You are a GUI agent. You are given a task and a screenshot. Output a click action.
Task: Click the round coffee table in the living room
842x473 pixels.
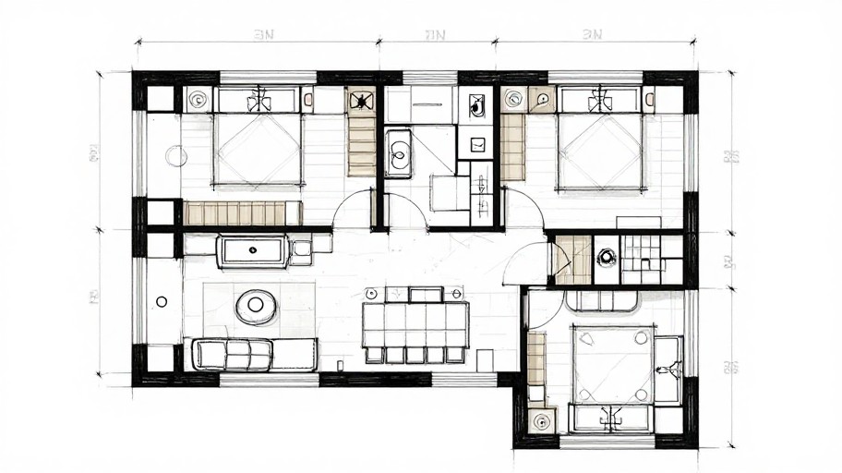point(256,306)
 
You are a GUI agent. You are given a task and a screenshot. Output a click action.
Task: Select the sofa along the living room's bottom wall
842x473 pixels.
point(233,354)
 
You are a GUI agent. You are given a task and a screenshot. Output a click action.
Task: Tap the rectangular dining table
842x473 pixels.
point(415,324)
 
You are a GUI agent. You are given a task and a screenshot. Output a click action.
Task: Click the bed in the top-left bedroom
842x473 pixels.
point(258,148)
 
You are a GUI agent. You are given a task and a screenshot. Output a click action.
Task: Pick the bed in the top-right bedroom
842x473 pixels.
point(600,148)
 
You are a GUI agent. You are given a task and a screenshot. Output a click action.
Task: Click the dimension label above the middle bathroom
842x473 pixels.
point(435,35)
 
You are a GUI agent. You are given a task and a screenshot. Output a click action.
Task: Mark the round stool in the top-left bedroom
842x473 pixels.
point(176,156)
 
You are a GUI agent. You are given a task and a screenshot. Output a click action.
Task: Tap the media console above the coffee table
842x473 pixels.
point(252,250)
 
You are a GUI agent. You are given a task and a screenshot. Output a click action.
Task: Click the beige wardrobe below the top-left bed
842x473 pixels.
point(235,213)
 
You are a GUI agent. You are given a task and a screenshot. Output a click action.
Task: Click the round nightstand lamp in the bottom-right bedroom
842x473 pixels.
point(541,420)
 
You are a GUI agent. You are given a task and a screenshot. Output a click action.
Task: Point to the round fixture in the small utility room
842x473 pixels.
point(606,258)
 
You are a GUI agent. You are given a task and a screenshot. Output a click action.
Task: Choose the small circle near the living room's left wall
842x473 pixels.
point(162,301)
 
